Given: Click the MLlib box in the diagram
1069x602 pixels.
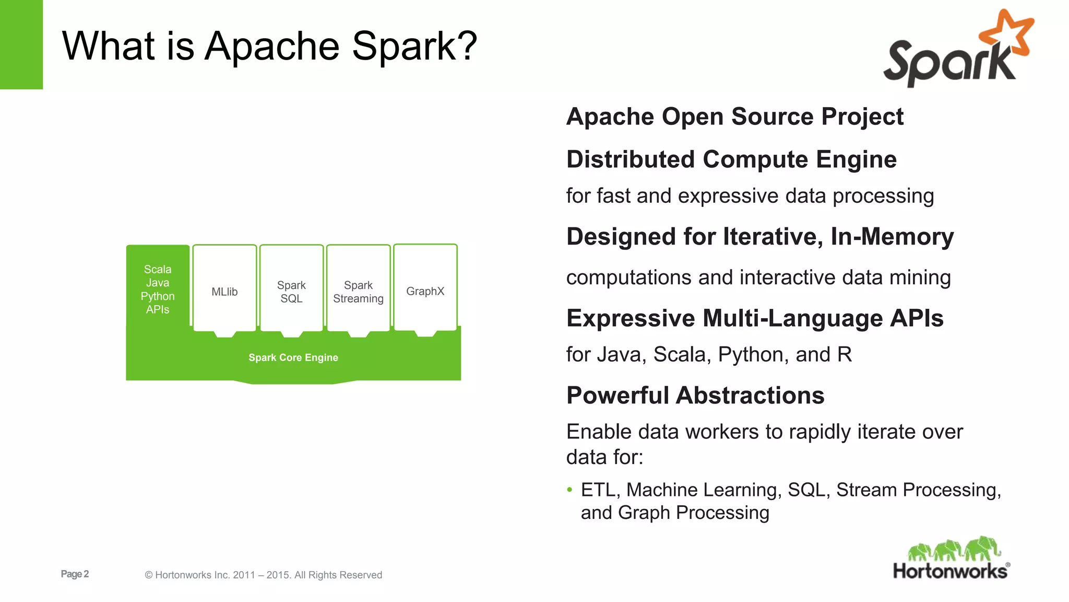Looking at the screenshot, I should pos(224,291).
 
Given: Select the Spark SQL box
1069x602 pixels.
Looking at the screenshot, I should pos(291,291).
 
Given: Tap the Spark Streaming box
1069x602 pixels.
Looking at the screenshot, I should pos(358,291).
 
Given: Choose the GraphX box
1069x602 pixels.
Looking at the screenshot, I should pos(425,291).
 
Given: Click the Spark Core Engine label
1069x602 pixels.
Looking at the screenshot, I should pos(293,357).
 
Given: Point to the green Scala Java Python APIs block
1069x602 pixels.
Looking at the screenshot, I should pos(158,289).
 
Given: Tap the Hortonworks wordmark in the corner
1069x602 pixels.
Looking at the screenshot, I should pos(950,571).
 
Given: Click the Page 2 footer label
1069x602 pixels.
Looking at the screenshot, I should pos(75,574).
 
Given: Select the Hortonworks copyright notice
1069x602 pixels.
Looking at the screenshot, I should pos(263,575).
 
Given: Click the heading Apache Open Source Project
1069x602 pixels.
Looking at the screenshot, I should pos(734,116).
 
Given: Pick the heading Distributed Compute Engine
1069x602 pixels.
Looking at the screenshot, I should pos(731,159).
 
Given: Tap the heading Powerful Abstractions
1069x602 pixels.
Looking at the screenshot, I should pos(695,395).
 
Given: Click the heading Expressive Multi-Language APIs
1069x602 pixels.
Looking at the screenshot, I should pos(755,318).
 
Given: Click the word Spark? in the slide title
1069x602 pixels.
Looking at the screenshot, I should pos(414,46).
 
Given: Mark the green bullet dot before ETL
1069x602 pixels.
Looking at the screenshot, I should pos(569,490).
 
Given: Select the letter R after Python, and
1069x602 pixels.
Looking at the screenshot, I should pos(845,354).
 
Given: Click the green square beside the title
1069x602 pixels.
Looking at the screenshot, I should pos(21,44).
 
